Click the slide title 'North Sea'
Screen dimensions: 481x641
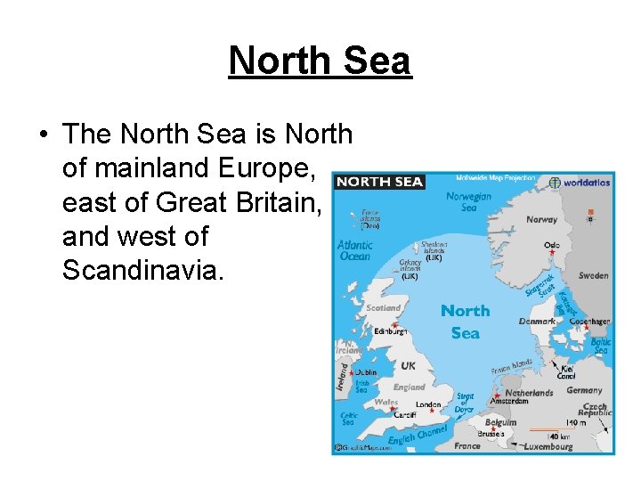pos(320,61)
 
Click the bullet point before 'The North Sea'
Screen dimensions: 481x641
pos(43,135)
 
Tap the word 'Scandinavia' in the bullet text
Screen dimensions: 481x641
pos(140,271)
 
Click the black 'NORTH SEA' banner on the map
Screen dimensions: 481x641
pos(379,182)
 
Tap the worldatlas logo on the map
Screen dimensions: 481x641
pos(580,183)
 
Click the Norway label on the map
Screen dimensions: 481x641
pos(541,219)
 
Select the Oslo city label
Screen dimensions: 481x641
pos(552,244)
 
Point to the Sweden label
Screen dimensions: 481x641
pos(593,276)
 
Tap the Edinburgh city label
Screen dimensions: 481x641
pos(391,330)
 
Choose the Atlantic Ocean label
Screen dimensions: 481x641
pos(354,250)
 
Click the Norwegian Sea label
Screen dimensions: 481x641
pos(468,202)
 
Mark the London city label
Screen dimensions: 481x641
pos(428,405)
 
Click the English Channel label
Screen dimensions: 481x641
pos(418,436)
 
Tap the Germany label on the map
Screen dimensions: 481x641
pos(584,390)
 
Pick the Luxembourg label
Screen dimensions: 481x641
pos(548,446)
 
